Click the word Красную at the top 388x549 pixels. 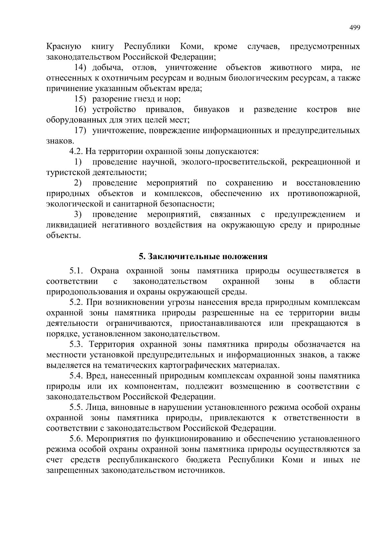(64, 47)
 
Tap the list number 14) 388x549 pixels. (80, 68)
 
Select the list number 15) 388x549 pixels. (80, 99)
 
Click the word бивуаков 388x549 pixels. (211, 110)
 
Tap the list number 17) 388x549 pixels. (80, 131)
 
